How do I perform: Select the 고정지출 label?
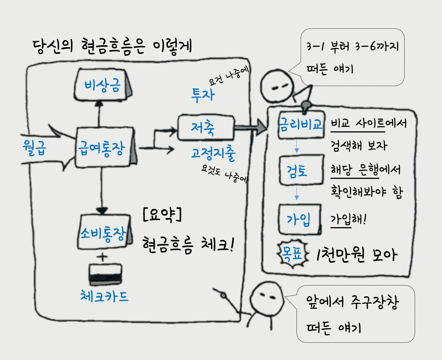point(213,153)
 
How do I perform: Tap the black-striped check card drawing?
point(106,274)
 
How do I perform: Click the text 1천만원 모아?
point(355,255)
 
